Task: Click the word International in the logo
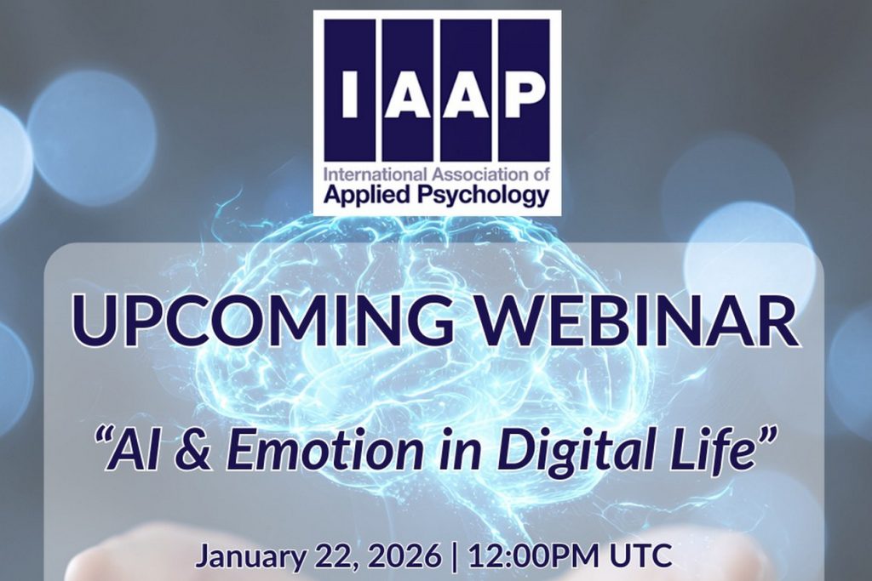coord(375,175)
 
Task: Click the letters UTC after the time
coord(641,555)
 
